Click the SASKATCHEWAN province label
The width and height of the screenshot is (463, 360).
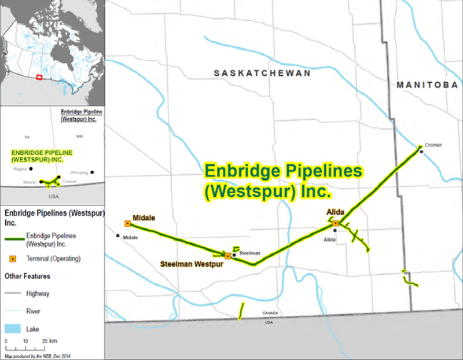pyautogui.click(x=262, y=74)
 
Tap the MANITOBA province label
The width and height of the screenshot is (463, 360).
pyautogui.click(x=427, y=85)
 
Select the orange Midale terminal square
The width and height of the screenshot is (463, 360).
pyautogui.click(x=127, y=223)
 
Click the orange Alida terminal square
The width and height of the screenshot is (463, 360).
pyautogui.click(x=336, y=223)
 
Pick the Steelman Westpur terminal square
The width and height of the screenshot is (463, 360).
pyautogui.click(x=228, y=255)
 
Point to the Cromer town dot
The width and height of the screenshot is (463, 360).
pyautogui.click(x=422, y=152)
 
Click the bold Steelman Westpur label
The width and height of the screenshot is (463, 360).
pyautogui.click(x=192, y=264)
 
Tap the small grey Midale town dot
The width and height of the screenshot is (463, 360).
pyautogui.click(x=117, y=236)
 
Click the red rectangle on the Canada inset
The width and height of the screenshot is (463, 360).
pyautogui.click(x=39, y=77)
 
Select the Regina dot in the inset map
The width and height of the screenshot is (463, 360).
pyautogui.click(x=31, y=168)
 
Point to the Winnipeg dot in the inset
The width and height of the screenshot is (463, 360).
pyautogui.click(x=92, y=172)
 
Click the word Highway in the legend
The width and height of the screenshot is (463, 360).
pyautogui.click(x=38, y=293)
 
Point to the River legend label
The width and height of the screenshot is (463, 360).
pyautogui.click(x=33, y=311)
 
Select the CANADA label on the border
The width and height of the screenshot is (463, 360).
pyautogui.click(x=270, y=313)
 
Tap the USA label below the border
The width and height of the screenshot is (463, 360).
pyautogui.click(x=269, y=322)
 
